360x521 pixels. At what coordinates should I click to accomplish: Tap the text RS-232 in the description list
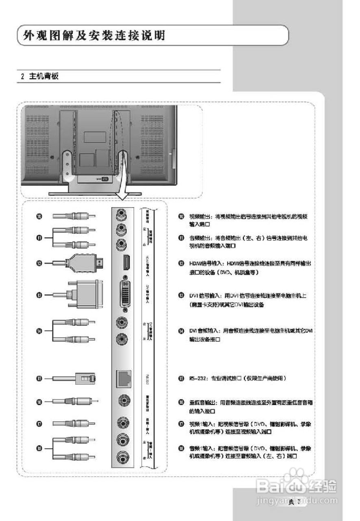pyautogui.click(x=196, y=378)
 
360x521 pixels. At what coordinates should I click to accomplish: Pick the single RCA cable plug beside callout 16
pyautogui.click(x=81, y=401)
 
